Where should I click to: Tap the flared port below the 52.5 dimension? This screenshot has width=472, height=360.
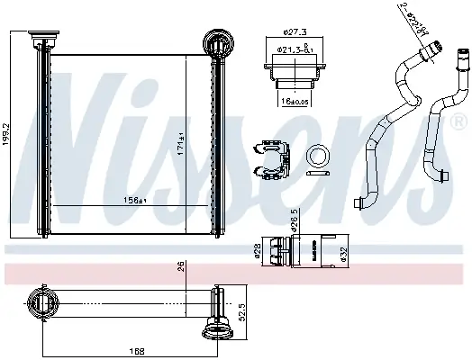[216, 332]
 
